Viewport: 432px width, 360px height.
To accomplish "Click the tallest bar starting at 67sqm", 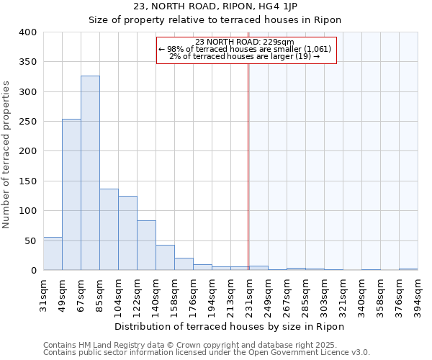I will (x=90, y=173).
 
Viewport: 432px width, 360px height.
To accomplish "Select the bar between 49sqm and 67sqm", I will (x=71, y=194).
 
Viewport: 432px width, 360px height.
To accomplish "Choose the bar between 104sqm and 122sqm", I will (x=127, y=233).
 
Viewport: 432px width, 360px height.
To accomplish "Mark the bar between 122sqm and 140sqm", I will (x=146, y=245).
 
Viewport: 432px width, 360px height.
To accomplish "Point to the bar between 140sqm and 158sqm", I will (x=165, y=258).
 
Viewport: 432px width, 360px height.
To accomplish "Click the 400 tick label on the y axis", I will (x=27, y=32).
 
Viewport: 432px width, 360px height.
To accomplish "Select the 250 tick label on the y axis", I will (x=27, y=122).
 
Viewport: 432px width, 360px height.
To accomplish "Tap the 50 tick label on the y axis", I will (x=30, y=240).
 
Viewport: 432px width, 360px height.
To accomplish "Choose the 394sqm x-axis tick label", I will (x=418, y=294).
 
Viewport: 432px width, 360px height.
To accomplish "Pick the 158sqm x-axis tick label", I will (x=174, y=294).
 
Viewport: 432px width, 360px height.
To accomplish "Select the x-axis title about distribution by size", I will (x=230, y=327).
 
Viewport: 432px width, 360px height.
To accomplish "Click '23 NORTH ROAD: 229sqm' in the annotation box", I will (x=245, y=42).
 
